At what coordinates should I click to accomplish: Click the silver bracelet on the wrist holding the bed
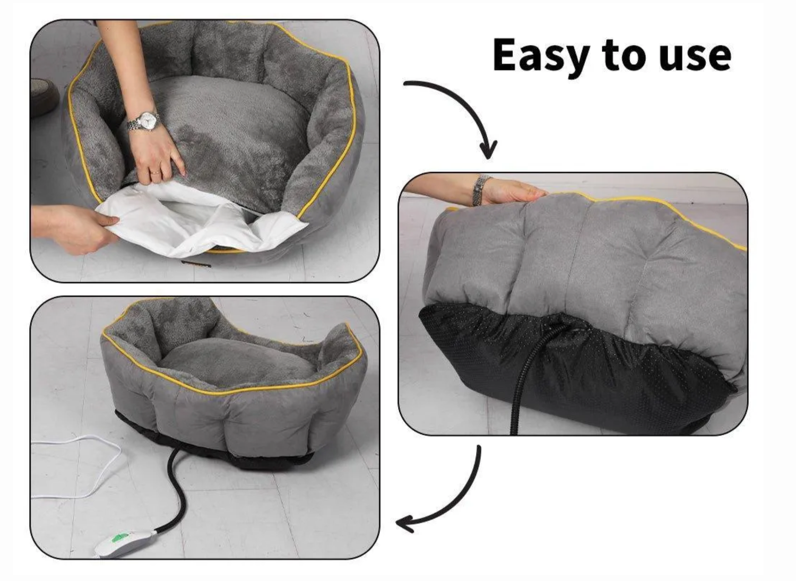pyautogui.click(x=481, y=189)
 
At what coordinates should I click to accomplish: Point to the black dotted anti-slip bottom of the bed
pyautogui.click(x=584, y=366)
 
